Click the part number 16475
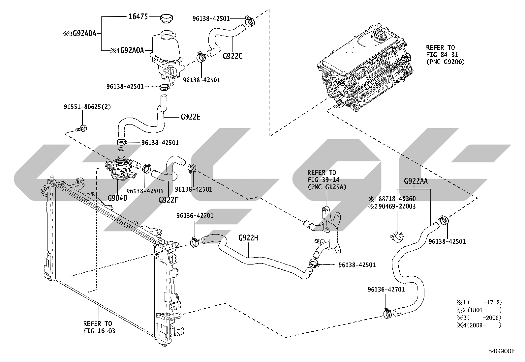coord(138,16)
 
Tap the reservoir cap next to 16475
coord(167,19)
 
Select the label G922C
coord(232,56)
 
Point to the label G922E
coord(191,117)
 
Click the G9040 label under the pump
coord(117,198)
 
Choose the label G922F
coord(169,200)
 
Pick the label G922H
coord(248,238)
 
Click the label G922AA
coord(416,181)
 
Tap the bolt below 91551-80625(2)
coord(81,128)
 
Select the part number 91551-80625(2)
coord(87,107)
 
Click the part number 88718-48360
coord(397,199)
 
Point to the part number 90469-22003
coord(397,206)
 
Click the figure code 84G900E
coord(502,351)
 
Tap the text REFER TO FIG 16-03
coord(99,327)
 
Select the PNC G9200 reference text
coord(446,62)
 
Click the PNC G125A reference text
coord(327,187)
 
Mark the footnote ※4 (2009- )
coord(479,325)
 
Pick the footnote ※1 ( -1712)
coord(479,302)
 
